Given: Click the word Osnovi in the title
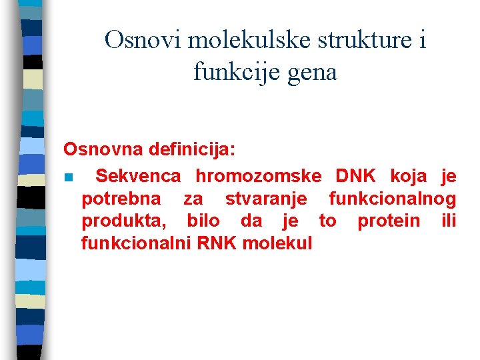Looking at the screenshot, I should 143,41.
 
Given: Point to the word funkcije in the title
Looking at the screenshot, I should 231,72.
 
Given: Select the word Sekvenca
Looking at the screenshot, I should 138,177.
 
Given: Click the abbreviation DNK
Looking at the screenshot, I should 356,177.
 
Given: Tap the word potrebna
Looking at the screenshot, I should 121,199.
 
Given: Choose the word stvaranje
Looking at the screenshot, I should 266,199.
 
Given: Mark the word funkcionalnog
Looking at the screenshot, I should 393,199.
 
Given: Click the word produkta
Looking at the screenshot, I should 124,221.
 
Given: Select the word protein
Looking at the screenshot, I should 389,221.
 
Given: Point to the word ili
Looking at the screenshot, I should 449,221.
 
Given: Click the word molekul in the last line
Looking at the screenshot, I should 277,243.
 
